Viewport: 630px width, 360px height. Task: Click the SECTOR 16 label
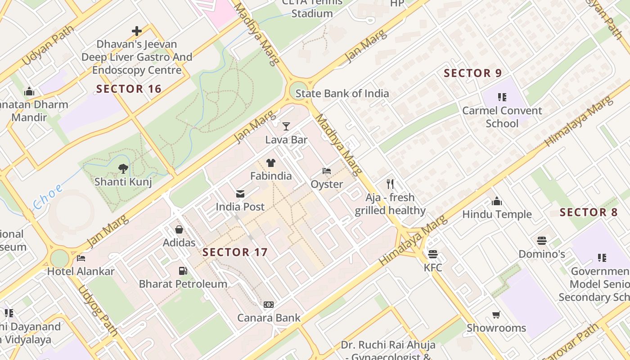click(129, 89)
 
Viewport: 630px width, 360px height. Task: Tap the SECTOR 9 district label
click(472, 73)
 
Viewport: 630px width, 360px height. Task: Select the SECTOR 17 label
click(235, 252)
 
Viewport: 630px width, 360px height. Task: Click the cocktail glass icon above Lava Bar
click(286, 126)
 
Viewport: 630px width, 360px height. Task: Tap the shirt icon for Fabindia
click(270, 162)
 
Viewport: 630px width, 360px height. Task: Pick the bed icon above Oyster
click(327, 171)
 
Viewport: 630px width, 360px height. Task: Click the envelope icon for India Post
click(240, 194)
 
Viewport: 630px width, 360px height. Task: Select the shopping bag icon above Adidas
click(179, 229)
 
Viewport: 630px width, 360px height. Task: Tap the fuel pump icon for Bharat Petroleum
click(183, 270)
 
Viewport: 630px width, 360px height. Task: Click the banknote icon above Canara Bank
click(269, 305)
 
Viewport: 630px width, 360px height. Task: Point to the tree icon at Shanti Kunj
click(123, 169)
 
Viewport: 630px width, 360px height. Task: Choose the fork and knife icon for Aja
click(390, 184)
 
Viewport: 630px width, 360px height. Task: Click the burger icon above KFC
click(433, 254)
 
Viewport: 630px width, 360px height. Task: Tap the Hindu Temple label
click(497, 214)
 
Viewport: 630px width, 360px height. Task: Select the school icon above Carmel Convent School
click(502, 97)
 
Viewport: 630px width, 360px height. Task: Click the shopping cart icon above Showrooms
click(496, 315)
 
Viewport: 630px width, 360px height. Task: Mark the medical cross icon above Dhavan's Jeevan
click(137, 31)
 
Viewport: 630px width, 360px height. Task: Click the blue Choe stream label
click(48, 198)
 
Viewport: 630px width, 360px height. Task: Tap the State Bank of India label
click(342, 94)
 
